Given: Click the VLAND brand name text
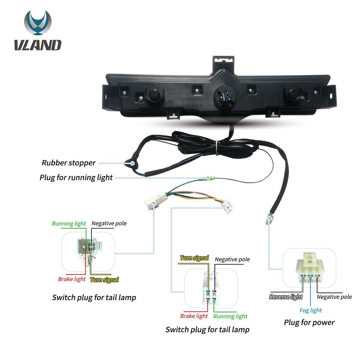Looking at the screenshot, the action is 38,45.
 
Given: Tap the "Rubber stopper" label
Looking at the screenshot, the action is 69,163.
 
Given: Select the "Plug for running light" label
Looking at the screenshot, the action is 76,178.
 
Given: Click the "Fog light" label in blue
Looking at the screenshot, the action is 310,310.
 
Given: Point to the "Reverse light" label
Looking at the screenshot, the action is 286,297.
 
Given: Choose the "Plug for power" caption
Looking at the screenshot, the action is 309,322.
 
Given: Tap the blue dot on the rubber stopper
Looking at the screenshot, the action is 133,163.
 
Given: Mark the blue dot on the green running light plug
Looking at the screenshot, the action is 208,178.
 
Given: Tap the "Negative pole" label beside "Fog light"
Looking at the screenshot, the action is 334,297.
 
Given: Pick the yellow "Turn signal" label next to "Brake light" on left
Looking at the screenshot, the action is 104,279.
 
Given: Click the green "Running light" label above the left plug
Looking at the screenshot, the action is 69,224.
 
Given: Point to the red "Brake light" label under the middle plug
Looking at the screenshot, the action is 194,316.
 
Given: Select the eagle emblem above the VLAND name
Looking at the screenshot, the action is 38,23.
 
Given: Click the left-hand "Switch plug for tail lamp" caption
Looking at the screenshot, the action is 94,297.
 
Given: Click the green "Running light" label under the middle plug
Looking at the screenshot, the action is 230,316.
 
